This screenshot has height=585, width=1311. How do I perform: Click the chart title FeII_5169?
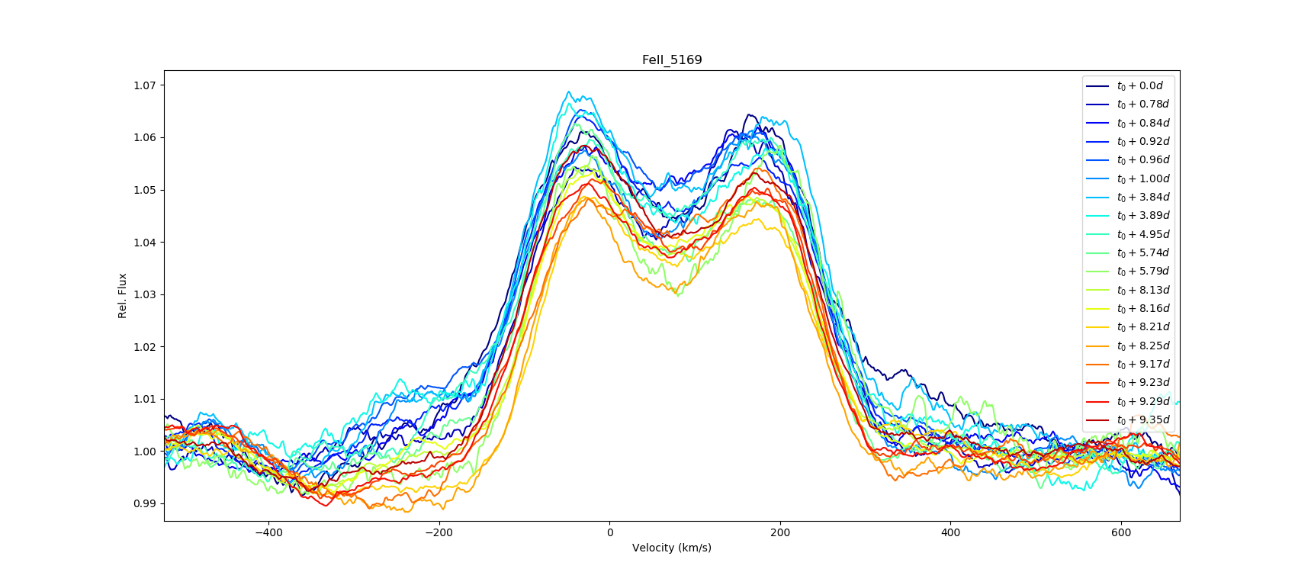tap(671, 60)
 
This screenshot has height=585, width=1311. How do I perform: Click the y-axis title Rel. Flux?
tap(122, 295)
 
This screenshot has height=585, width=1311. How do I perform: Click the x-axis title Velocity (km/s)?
tap(671, 548)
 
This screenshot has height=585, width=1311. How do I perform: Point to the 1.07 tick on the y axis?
tap(145, 85)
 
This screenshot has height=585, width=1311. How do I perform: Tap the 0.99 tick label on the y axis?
tap(145, 503)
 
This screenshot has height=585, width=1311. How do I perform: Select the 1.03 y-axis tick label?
tap(145, 294)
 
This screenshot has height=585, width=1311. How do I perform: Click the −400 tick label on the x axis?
tap(268, 532)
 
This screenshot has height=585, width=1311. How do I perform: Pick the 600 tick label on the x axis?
tap(1121, 532)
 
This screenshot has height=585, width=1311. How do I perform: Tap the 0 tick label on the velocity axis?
tap(609, 532)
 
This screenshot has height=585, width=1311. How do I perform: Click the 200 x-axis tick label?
tap(780, 532)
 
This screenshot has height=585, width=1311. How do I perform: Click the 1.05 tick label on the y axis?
tap(145, 190)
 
